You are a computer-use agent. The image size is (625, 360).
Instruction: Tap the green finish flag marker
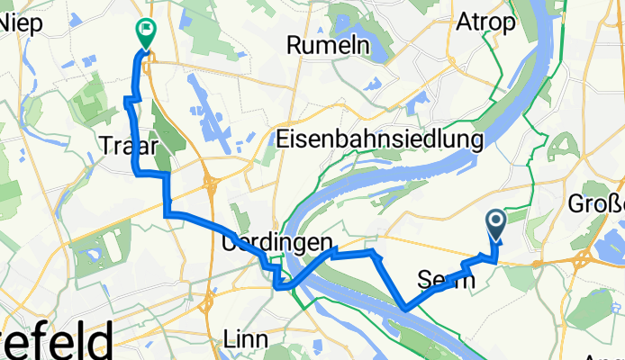145,32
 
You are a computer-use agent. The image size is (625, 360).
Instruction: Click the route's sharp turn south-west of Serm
405,309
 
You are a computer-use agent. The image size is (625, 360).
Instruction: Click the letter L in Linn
228,339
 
